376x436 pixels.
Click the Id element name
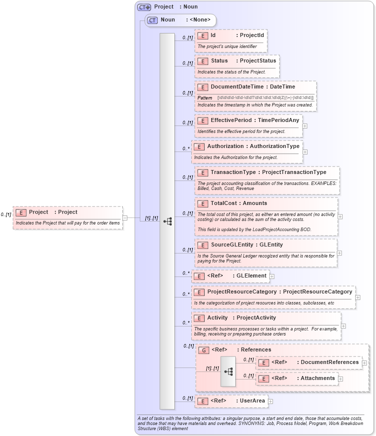tap(213, 35)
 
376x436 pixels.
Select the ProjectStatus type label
tap(258, 60)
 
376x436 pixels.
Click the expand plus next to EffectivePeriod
tap(305, 125)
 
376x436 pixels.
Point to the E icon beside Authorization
tap(199, 146)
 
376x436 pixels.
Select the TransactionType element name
tap(233, 172)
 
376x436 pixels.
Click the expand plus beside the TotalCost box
tap(340, 216)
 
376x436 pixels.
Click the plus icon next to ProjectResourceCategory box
tap(358, 297)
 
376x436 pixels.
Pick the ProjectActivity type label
tap(256, 317)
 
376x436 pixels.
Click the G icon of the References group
tap(203, 350)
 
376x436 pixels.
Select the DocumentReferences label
tap(330, 362)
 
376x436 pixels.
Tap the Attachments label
tap(318, 378)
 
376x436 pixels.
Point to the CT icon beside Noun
tap(153, 20)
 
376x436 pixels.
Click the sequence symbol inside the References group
tap(229, 371)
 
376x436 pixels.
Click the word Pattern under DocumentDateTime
tap(205, 97)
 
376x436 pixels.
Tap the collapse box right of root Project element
tap(125, 217)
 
